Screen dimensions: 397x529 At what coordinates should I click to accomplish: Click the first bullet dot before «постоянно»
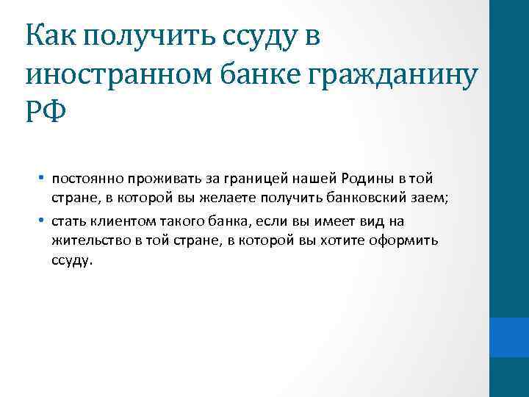[x=43, y=177]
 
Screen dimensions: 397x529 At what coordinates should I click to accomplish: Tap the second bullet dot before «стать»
[x=43, y=221]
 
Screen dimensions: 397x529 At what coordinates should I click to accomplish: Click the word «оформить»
[x=404, y=241]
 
